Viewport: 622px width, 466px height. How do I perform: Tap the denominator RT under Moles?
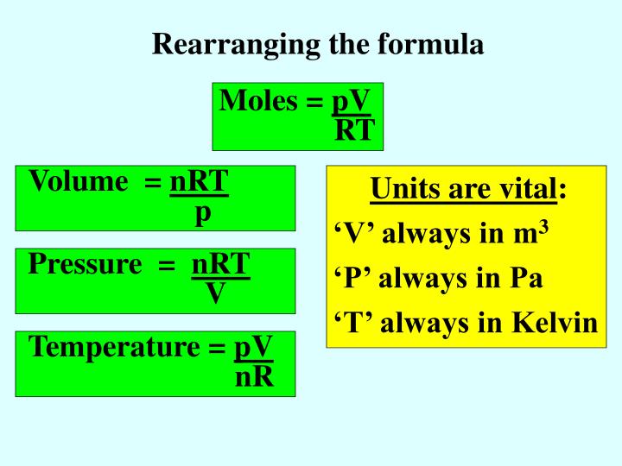[355, 130]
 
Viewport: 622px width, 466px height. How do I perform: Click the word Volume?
[78, 182]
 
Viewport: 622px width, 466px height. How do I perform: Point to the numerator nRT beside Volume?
[200, 182]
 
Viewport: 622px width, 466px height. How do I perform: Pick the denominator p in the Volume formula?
[202, 212]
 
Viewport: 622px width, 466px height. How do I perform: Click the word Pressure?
[84, 264]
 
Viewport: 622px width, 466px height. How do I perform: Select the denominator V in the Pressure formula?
[216, 294]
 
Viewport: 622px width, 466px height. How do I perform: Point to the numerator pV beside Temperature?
[253, 347]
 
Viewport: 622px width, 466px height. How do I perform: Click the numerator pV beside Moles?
[352, 102]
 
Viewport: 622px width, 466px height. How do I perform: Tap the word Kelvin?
[555, 323]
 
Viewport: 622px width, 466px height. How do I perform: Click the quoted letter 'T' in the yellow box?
[349, 323]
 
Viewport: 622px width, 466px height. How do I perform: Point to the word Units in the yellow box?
[402, 188]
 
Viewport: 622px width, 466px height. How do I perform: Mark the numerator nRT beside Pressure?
[220, 264]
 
